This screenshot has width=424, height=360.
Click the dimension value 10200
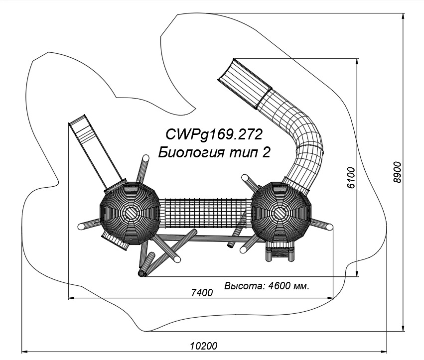coord(204,346)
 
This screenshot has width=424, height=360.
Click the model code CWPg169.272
coord(214,134)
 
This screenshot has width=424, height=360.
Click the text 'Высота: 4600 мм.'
coord(267,286)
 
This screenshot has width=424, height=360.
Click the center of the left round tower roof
coord(131,213)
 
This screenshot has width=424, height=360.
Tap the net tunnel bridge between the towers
coord(205,214)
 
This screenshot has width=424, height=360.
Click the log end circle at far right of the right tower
coord(329,228)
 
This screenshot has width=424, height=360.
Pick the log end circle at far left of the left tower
coord(81,227)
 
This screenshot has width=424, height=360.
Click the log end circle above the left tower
coord(146,158)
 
